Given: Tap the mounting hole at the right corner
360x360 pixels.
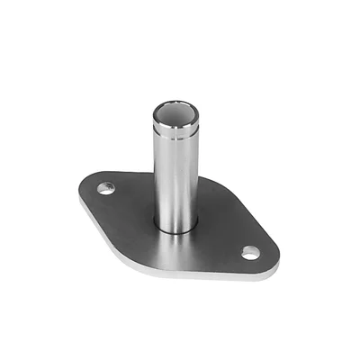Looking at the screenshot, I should click(x=249, y=254).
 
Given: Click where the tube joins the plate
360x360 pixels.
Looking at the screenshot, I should click(x=175, y=227).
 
